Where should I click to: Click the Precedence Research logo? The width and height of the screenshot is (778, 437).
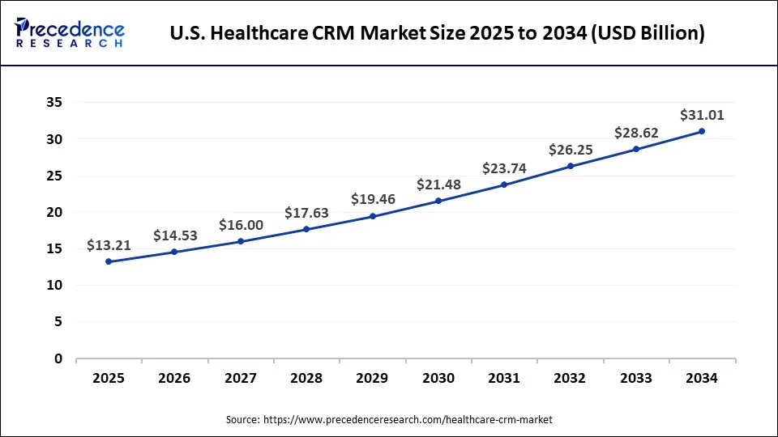70,32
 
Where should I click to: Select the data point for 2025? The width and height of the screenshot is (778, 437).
109,261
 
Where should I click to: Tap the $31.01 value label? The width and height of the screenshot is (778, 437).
701,115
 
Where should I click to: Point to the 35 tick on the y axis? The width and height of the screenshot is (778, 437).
53,103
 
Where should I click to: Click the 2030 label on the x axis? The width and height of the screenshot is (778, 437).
438,378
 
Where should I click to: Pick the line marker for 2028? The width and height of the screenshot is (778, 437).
306,229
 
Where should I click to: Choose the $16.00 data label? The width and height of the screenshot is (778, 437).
241,226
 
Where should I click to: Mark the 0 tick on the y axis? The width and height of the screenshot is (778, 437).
58,359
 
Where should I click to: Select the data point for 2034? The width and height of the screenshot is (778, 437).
701,131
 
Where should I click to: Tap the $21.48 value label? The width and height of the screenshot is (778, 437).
438,185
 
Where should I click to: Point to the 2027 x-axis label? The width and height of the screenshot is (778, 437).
241,378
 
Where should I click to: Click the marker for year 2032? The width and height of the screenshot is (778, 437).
570,166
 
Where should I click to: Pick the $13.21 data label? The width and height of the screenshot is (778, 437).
109,246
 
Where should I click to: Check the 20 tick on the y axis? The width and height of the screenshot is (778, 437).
53,212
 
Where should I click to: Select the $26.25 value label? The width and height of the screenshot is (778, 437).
570,150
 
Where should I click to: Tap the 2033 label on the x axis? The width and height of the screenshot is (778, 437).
635,378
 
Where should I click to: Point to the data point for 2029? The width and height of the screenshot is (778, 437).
372,216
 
